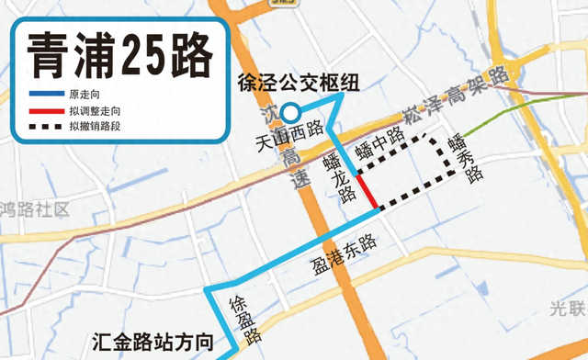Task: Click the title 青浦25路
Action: [x=117, y=55]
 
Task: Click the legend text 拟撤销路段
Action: [x=95, y=125]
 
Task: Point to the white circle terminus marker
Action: [x=289, y=113]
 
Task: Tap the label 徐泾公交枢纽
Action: [x=297, y=82]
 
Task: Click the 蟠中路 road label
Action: [x=380, y=144]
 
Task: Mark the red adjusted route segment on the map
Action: [x=365, y=192]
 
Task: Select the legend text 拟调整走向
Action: [x=95, y=111]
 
